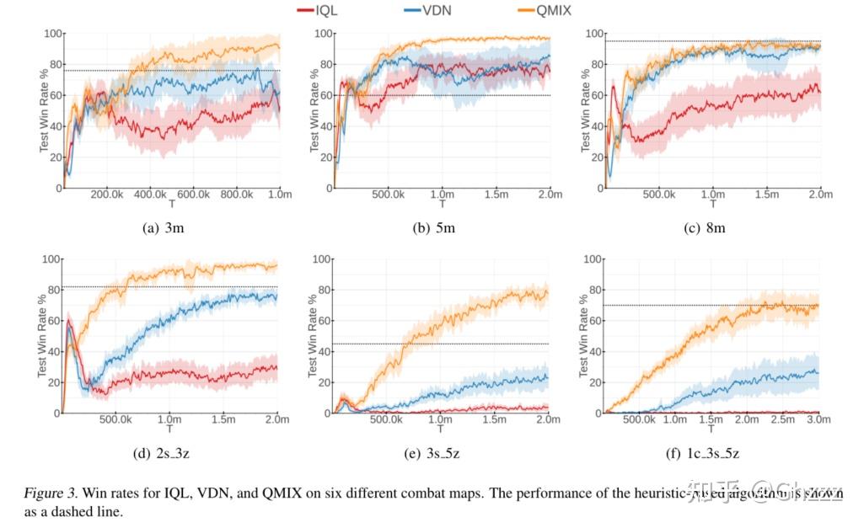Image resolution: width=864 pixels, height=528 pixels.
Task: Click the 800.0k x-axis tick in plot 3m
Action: (x=237, y=195)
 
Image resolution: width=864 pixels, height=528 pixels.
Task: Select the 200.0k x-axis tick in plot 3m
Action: (x=107, y=195)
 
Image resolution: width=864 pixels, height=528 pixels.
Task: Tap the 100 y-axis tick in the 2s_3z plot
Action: (x=50, y=259)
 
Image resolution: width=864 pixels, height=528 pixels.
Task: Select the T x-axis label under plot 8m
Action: (x=712, y=204)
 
